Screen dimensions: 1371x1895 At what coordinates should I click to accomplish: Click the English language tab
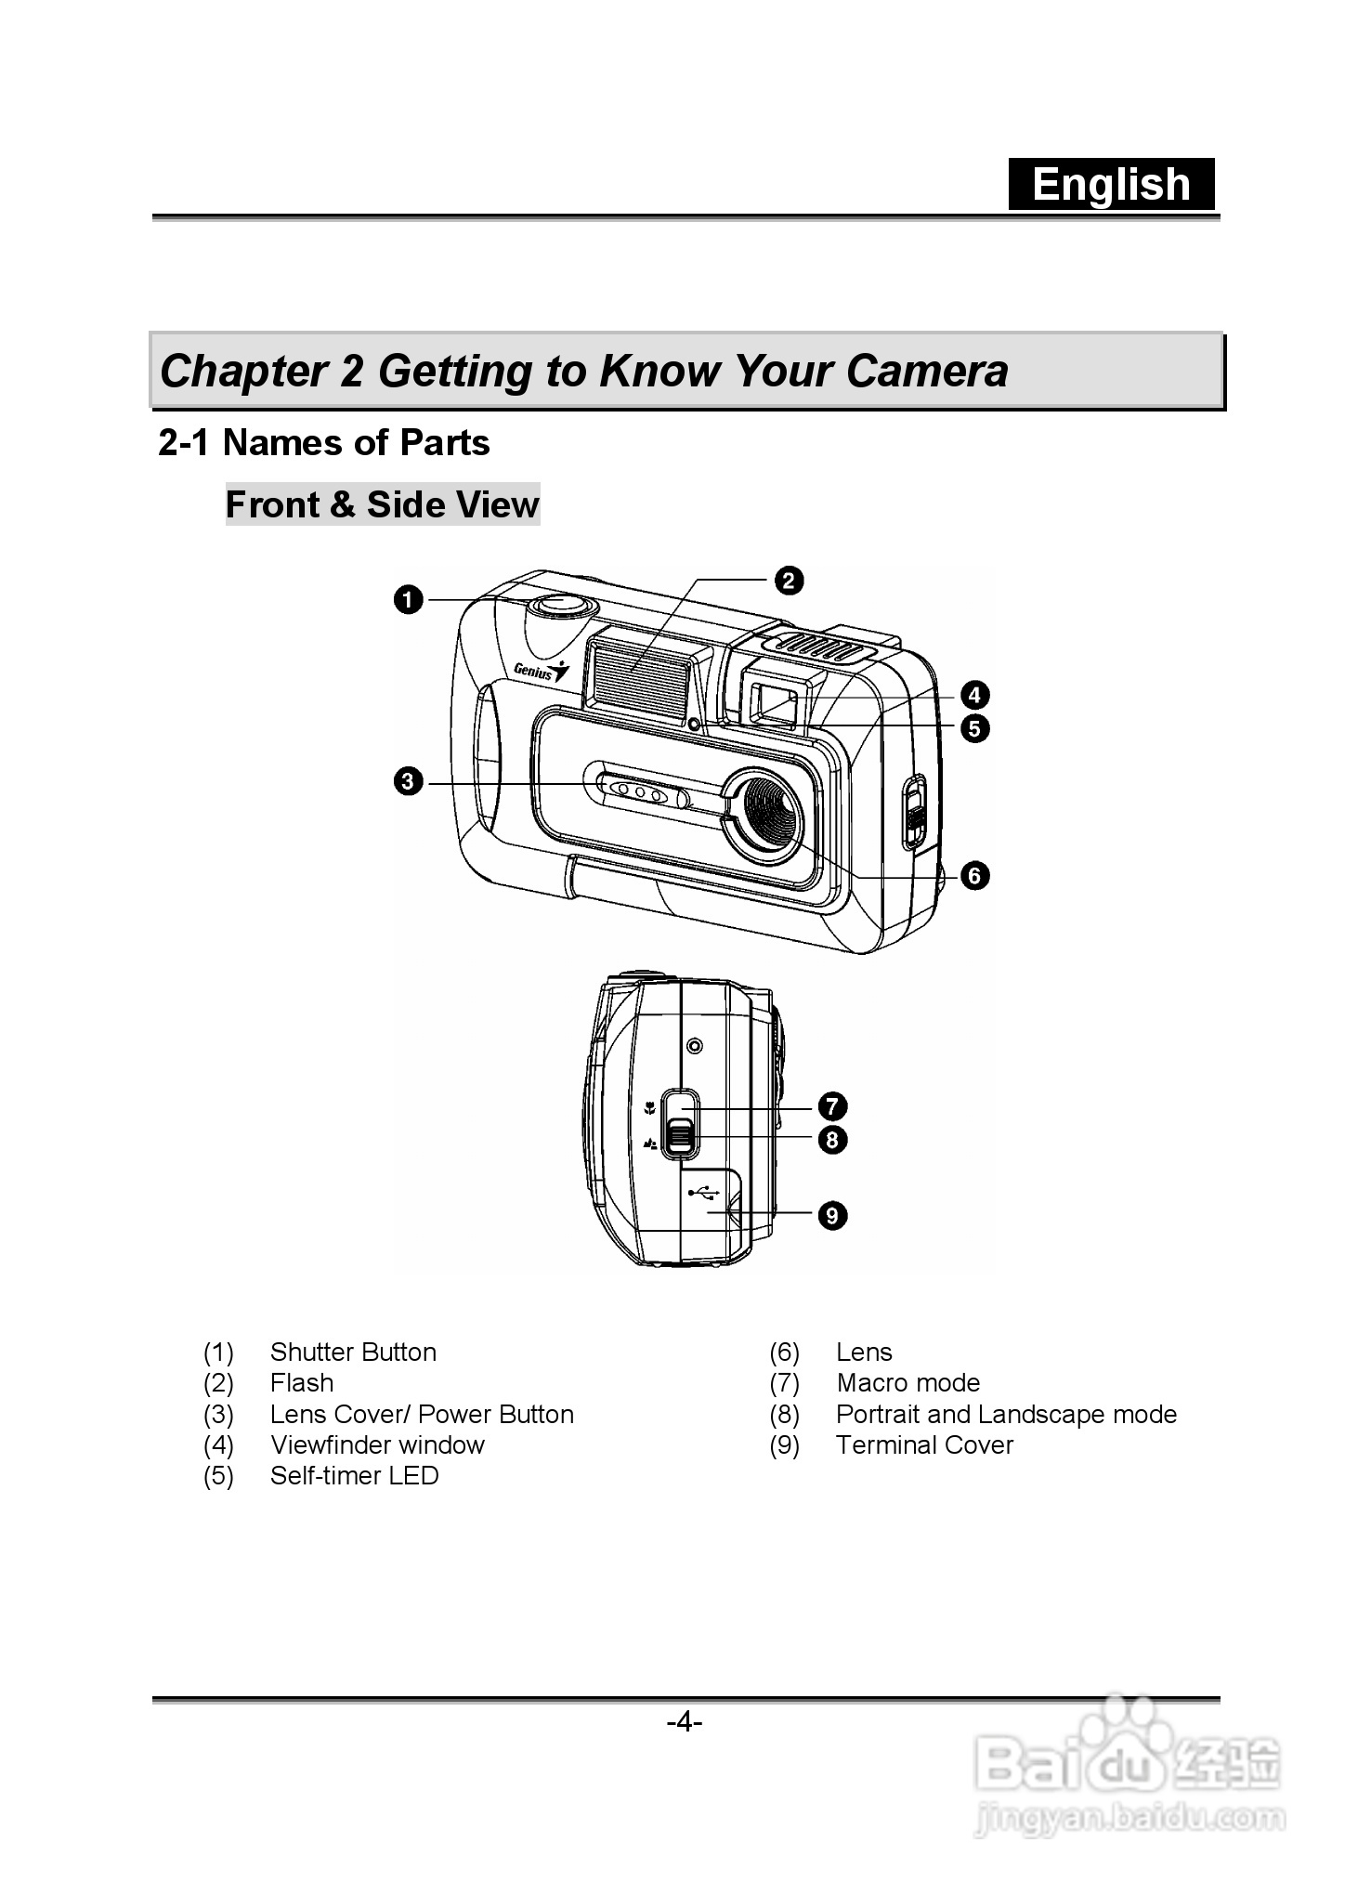tap(1111, 184)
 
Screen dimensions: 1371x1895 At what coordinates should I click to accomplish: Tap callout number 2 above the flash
tap(788, 581)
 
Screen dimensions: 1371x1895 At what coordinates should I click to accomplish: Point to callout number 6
tap(974, 875)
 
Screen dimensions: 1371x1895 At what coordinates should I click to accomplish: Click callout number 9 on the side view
tap(832, 1215)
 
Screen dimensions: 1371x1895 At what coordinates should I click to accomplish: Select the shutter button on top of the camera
tap(560, 605)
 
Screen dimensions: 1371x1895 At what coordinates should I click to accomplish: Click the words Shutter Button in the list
tap(353, 1353)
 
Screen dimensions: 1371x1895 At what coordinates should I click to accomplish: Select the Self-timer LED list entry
tap(354, 1476)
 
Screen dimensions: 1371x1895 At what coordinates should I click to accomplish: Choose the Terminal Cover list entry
tap(924, 1445)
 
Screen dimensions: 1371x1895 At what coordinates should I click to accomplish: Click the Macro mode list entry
tap(907, 1383)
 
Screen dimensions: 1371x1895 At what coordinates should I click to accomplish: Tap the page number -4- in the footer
tap(685, 1723)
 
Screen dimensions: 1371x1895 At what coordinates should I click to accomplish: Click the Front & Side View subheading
tap(382, 504)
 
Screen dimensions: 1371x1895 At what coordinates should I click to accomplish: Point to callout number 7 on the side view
tap(832, 1106)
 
